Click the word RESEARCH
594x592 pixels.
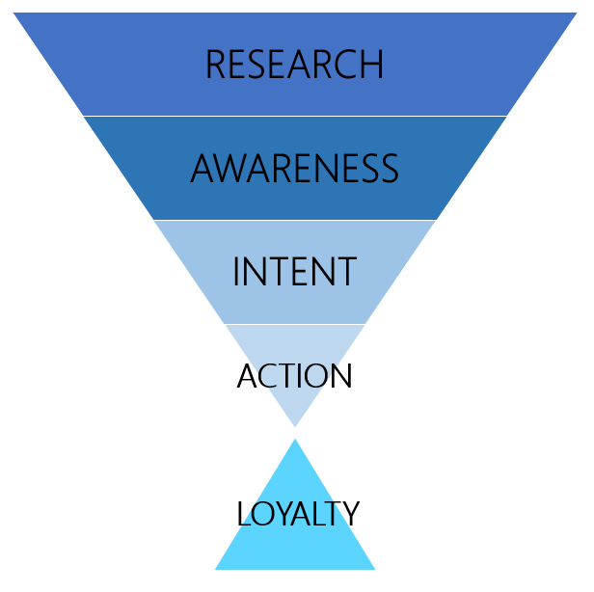[x=294, y=65]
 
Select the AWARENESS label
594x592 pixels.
[x=294, y=169]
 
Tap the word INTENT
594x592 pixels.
[x=294, y=272]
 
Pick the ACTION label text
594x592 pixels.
[x=294, y=375]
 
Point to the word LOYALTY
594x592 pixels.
[x=297, y=514]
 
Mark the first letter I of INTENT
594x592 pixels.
[x=237, y=272]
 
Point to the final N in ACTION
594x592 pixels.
[x=340, y=375]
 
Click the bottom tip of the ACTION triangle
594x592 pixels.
[x=295, y=425]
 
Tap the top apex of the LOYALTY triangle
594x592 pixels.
[x=295, y=441]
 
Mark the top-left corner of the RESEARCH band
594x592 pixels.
[x=13, y=13]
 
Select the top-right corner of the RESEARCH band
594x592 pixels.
[x=576, y=13]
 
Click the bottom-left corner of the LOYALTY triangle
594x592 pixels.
[x=216, y=568]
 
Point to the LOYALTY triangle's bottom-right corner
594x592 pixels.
[x=374, y=568]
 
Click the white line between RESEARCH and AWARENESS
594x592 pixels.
[x=294, y=116]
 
